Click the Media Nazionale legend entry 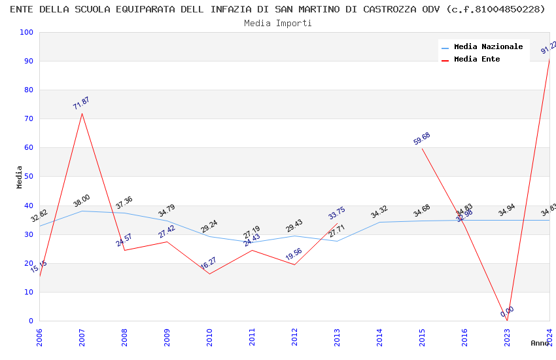[x=488, y=47]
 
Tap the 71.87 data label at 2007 [x=81, y=103]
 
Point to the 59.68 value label [x=422, y=139]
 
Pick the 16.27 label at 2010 [x=209, y=263]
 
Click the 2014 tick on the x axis [x=379, y=337]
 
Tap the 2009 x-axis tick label [x=167, y=337]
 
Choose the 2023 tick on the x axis [x=507, y=337]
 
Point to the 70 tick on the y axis [x=27, y=119]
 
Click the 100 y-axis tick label [x=27, y=33]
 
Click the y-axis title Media [x=20, y=177]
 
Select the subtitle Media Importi [x=278, y=23]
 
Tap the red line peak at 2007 [x=82, y=113]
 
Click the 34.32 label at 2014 [x=379, y=212]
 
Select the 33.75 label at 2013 [x=337, y=213]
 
